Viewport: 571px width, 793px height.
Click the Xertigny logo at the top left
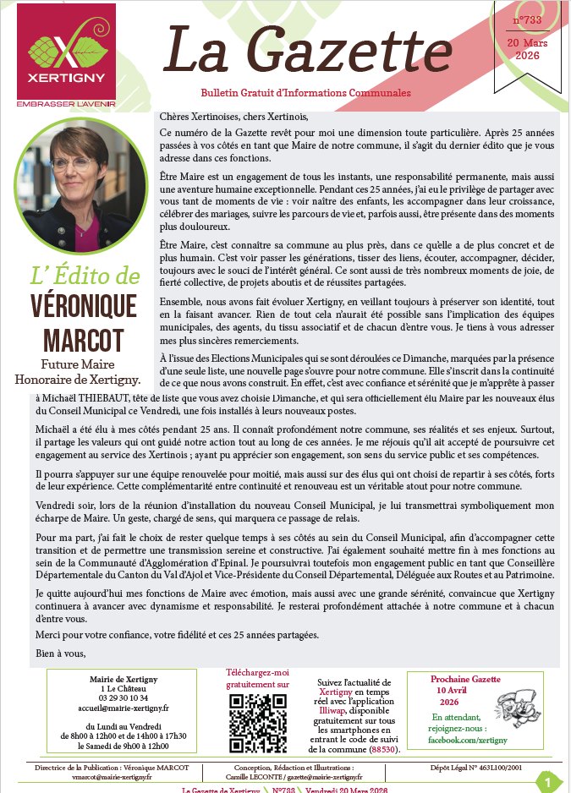point(66,56)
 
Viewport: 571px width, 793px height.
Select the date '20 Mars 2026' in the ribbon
point(528,48)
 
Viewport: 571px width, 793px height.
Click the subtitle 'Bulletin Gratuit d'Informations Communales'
point(306,92)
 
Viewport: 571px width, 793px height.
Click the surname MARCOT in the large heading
point(77,339)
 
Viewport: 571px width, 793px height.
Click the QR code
point(258,725)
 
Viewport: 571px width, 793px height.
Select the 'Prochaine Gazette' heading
point(465,679)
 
